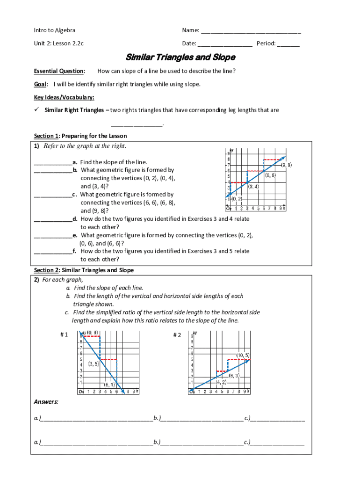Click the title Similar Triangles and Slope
180,58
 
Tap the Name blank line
251,32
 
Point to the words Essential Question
59,71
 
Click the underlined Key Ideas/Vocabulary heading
64,97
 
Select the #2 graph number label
177,335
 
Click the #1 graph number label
64,335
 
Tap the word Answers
46,401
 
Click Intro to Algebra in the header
55,30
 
